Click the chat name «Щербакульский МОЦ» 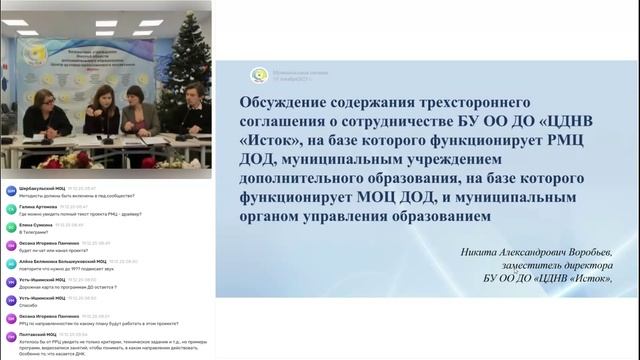point(38,187)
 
